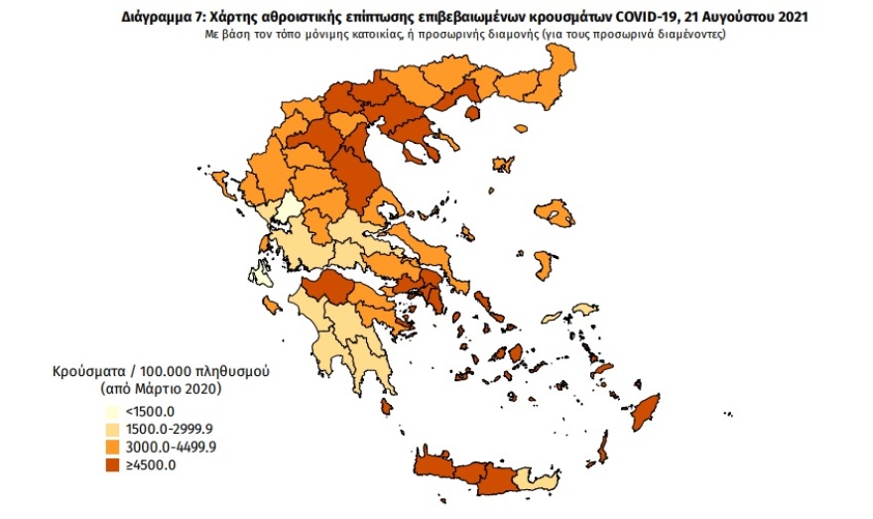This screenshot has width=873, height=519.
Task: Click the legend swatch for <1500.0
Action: pos(115,412)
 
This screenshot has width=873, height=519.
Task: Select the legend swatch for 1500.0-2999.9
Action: pos(115,429)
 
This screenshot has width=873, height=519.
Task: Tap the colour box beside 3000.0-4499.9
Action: pos(115,447)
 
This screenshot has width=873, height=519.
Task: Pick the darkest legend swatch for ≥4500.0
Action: pos(115,463)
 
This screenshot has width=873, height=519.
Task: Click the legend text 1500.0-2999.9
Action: pos(172,429)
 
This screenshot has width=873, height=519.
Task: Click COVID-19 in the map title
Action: pos(642,17)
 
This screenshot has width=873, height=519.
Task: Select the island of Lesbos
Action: pos(554,211)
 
